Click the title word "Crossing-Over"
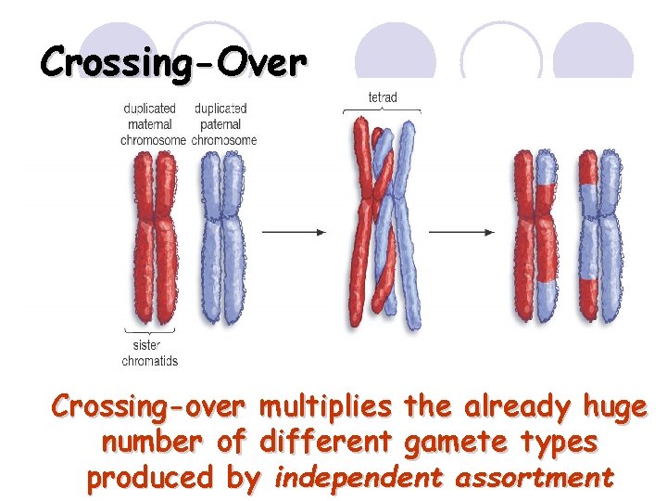tap(173, 63)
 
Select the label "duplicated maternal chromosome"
tap(152, 124)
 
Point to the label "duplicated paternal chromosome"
tap(223, 124)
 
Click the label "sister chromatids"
tap(149, 353)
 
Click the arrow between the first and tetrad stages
tap(293, 231)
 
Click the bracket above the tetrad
tap(383, 110)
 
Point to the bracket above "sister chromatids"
tap(149, 331)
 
